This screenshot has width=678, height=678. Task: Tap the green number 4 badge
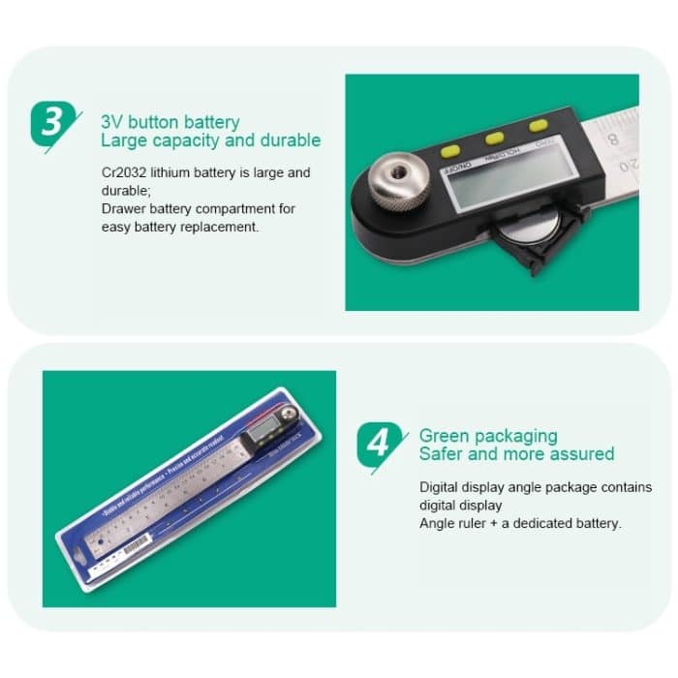tap(377, 444)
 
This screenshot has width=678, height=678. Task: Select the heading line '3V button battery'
tap(170, 123)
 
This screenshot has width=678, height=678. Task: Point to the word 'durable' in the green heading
tap(283, 140)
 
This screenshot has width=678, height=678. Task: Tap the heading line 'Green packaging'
tap(488, 437)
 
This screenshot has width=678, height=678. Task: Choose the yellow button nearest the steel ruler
tap(537, 125)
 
